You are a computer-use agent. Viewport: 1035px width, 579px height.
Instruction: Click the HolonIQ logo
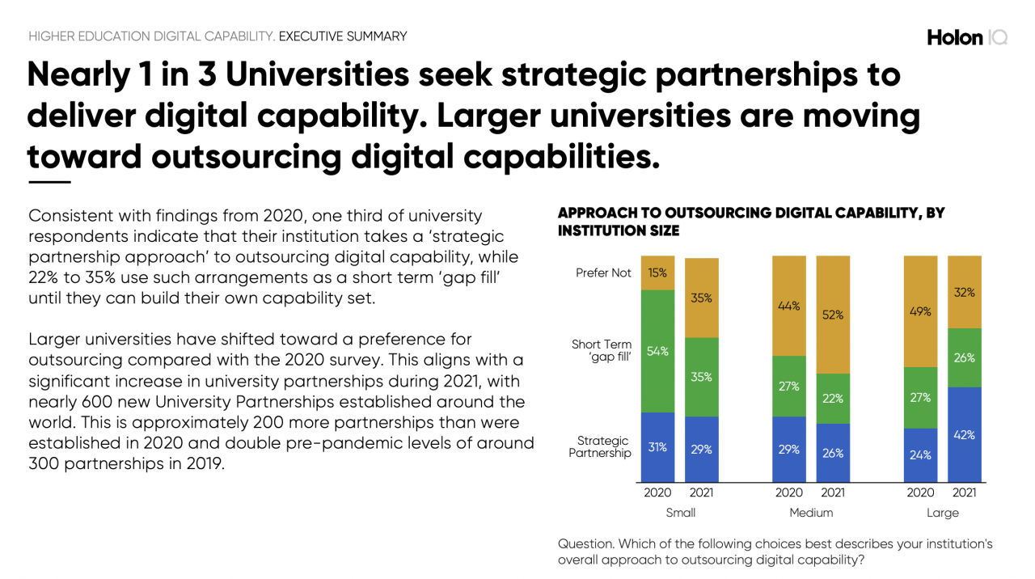[967, 37]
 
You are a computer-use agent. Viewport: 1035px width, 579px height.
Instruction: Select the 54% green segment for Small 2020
[657, 351]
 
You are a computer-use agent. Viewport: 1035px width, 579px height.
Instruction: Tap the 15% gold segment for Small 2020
[657, 273]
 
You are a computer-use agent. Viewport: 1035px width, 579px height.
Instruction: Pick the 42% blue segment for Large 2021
[964, 434]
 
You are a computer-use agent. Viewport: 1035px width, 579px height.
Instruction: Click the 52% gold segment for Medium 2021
[833, 315]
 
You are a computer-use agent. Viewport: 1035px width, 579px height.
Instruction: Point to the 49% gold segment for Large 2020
[920, 311]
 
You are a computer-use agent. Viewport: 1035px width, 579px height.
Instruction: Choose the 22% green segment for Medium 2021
[833, 398]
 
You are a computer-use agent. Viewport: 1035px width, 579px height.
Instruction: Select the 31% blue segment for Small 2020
[657, 447]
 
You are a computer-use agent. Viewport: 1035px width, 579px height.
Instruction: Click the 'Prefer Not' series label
[603, 273]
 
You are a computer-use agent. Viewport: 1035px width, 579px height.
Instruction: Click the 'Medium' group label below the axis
[810, 513]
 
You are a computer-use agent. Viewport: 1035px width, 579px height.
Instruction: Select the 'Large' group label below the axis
[942, 513]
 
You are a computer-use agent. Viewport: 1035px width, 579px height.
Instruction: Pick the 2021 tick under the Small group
[701, 492]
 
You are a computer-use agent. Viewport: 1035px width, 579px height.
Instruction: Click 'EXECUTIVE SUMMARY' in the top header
[343, 36]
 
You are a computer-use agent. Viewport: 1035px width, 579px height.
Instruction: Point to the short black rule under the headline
[49, 182]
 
